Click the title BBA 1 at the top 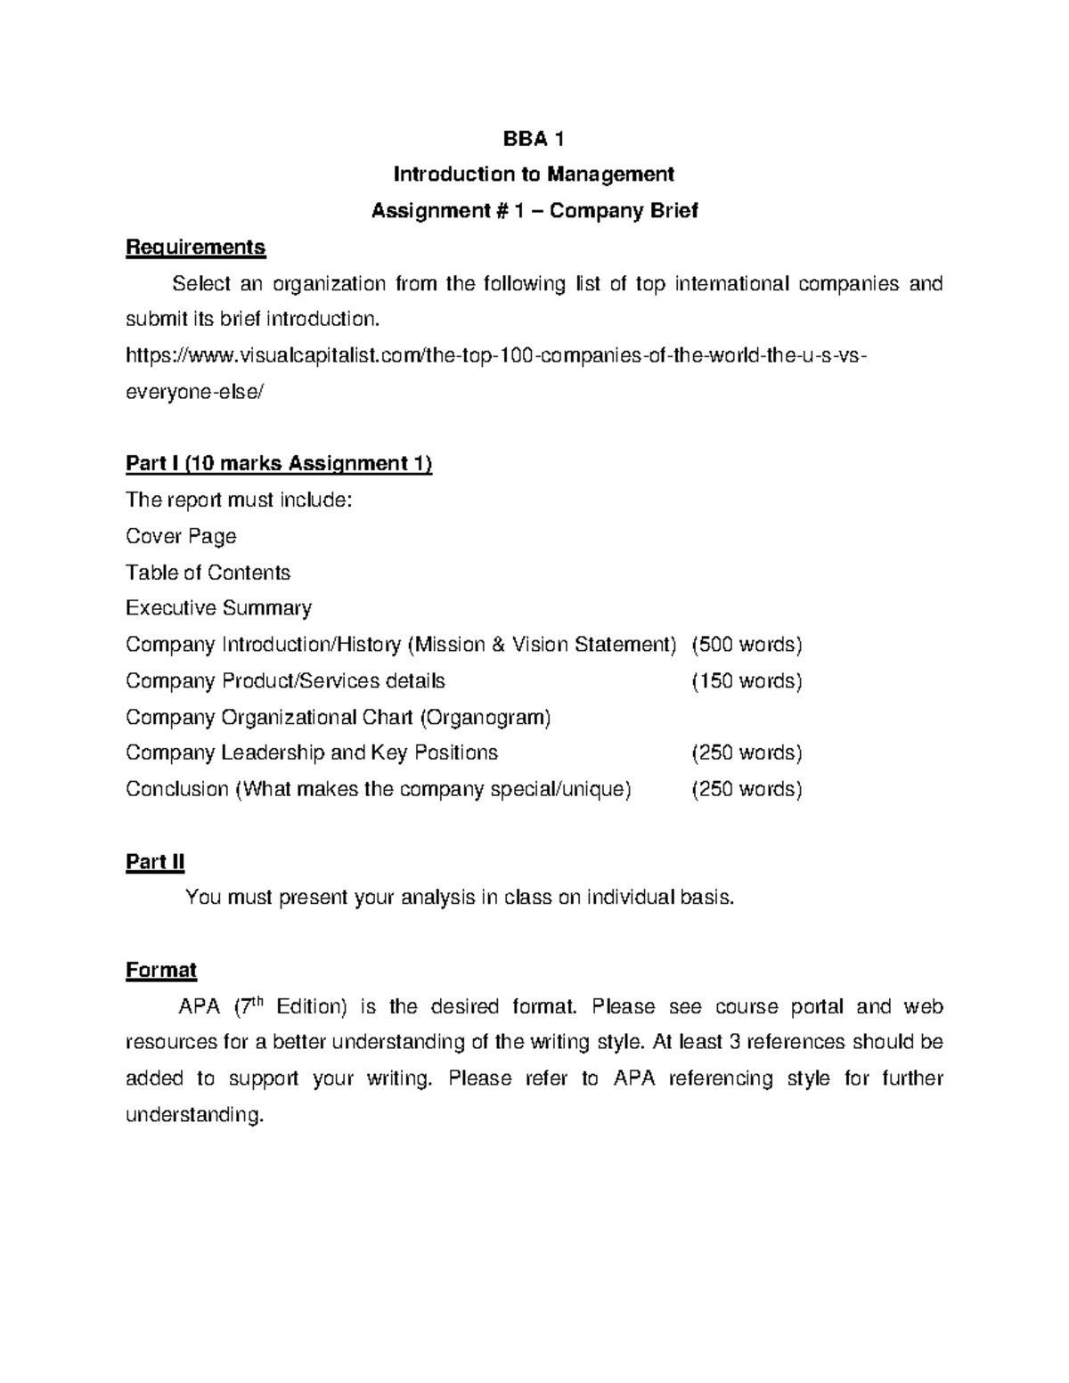534,139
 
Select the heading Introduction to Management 534,175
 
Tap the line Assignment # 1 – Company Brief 534,211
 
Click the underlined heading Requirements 196,247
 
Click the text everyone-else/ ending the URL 195,393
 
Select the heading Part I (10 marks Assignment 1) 279,464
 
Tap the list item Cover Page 181,536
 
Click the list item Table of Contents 208,573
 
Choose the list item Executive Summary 218,608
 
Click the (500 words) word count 747,645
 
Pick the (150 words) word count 747,681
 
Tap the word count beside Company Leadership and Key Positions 747,753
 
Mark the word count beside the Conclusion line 747,790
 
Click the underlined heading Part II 155,862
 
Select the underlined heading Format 161,970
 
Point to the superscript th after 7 257,1001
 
